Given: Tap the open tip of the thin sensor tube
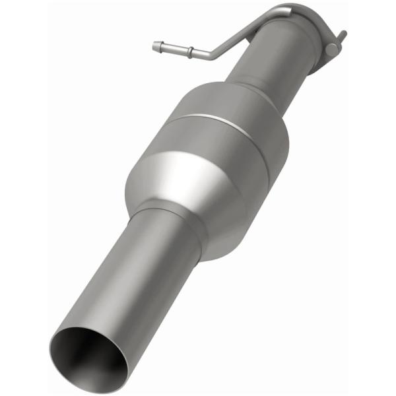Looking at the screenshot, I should (x=154, y=46).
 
